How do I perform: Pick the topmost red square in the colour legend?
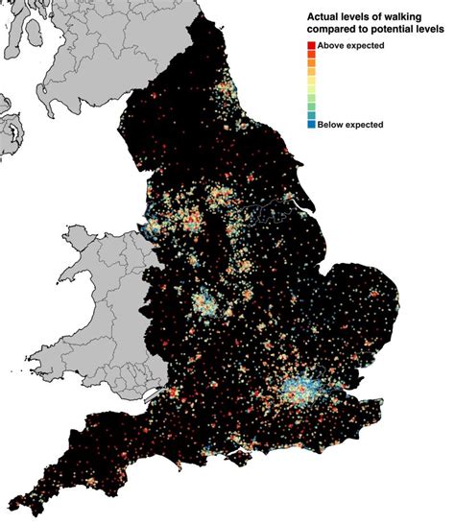[313, 47]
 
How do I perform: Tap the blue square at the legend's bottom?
[313, 125]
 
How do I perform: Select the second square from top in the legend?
[313, 56]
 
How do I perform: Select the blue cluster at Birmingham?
[204, 306]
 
